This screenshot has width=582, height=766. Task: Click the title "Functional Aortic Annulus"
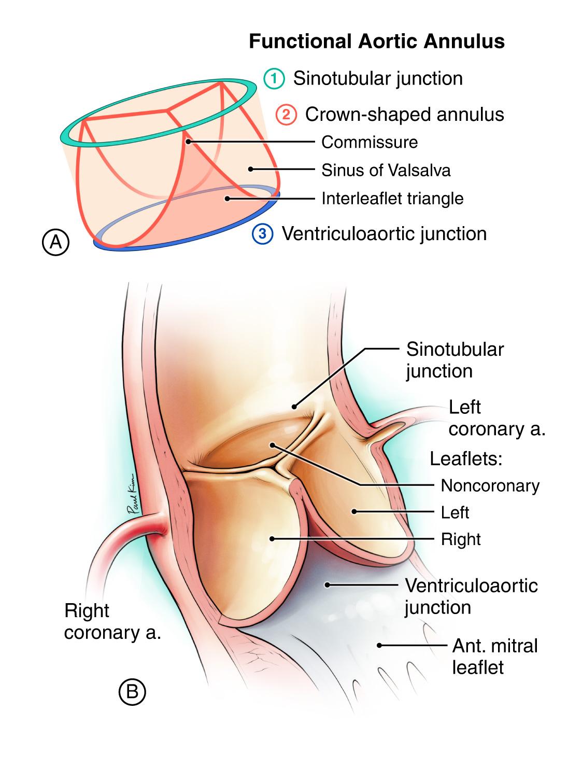click(x=377, y=41)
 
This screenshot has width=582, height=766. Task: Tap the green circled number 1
click(x=274, y=79)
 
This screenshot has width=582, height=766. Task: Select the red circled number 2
click(x=286, y=115)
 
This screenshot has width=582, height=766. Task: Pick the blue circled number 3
click(x=262, y=234)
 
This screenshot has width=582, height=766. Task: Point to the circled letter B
click(x=132, y=692)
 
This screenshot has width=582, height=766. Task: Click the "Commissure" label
click(x=370, y=142)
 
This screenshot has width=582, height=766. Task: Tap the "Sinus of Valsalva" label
click(x=386, y=170)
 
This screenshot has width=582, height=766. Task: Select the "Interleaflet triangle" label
click(x=392, y=198)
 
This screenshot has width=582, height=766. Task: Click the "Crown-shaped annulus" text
click(x=404, y=115)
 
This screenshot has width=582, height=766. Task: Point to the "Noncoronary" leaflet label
click(x=490, y=485)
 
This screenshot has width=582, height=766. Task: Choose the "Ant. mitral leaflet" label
click(x=494, y=656)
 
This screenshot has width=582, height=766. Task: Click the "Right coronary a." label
click(x=112, y=621)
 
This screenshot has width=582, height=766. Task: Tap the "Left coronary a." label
click(x=496, y=418)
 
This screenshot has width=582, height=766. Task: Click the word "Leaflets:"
click(x=467, y=458)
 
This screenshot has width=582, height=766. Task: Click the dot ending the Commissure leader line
click(x=188, y=141)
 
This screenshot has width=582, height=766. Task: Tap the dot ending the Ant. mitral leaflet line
click(x=379, y=645)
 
